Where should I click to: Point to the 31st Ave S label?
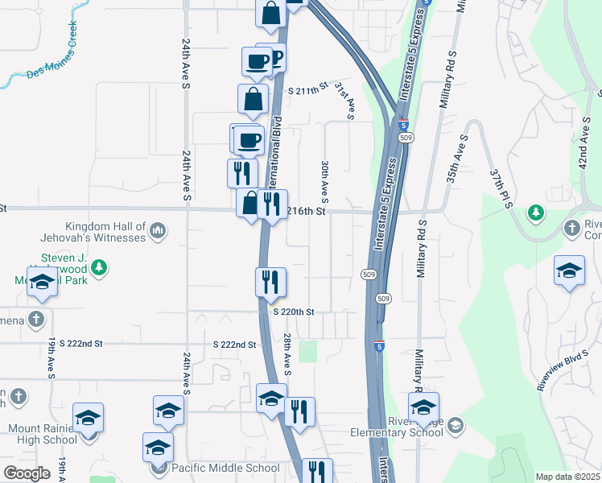(344, 100)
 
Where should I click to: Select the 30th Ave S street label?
(325, 180)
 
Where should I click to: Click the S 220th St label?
(292, 312)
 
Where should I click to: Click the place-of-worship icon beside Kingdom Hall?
(158, 233)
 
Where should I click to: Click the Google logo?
(27, 473)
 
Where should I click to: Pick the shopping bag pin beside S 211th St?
(254, 99)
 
